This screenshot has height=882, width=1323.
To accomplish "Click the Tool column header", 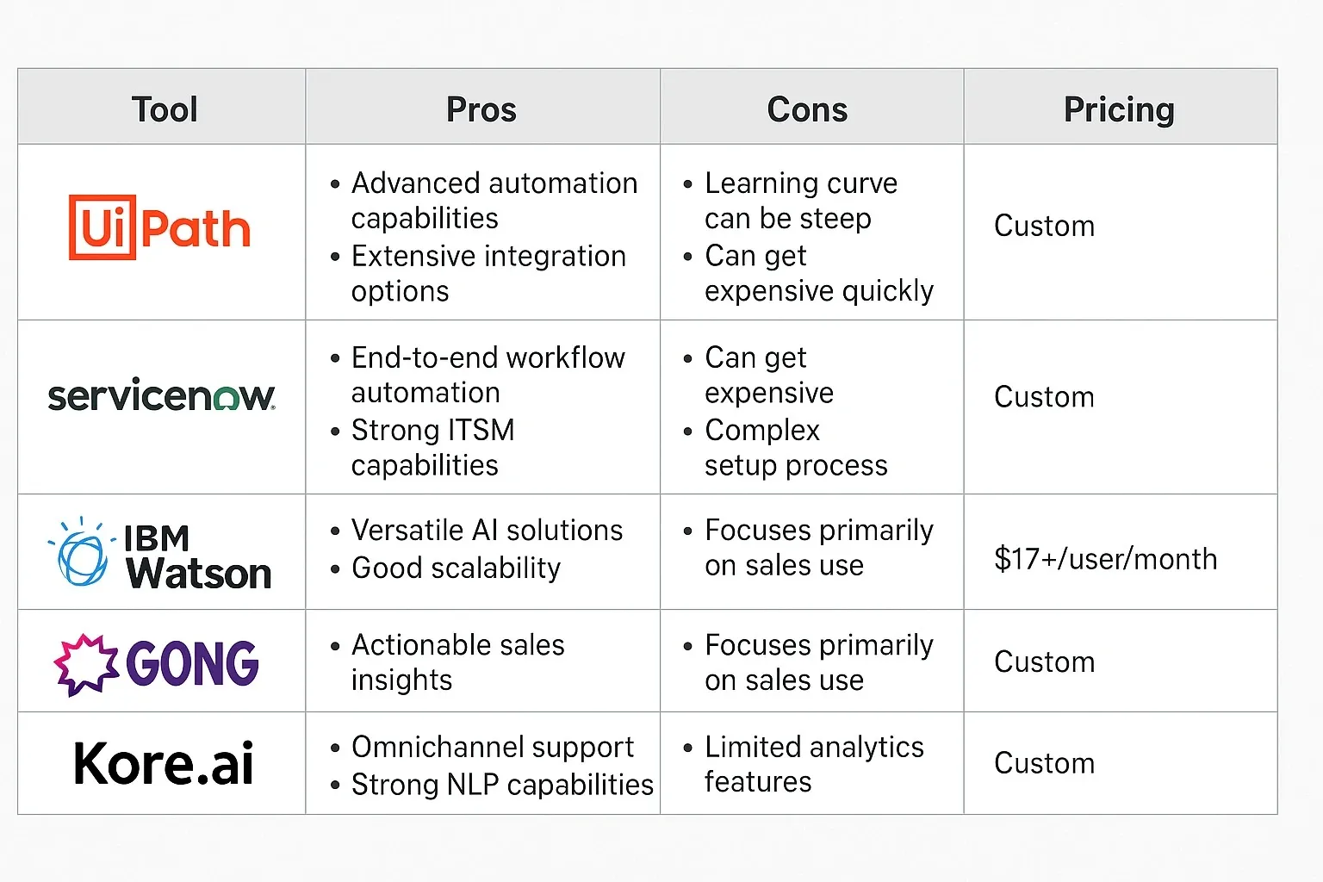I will [x=165, y=109].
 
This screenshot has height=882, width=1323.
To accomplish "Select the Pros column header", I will [x=481, y=109].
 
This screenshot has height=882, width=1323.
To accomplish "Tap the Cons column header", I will [x=807, y=109].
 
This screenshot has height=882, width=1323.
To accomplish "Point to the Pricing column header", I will [x=1119, y=109].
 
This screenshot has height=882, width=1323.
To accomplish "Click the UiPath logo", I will [x=160, y=228].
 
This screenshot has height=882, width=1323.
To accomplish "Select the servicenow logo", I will [x=161, y=396].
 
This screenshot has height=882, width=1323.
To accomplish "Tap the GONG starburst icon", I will [x=86, y=664].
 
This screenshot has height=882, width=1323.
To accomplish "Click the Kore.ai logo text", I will [x=164, y=763].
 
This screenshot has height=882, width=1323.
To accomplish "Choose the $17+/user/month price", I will [x=1105, y=559].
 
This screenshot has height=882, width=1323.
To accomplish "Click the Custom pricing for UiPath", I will [x=1044, y=226].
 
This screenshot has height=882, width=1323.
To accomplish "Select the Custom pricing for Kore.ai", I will [x=1044, y=763].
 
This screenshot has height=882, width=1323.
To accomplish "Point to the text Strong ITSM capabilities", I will [x=432, y=447].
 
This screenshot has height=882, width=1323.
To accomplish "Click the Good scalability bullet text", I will [x=456, y=568].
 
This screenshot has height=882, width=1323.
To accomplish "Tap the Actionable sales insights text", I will [x=457, y=662].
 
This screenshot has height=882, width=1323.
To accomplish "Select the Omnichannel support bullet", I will [x=492, y=747].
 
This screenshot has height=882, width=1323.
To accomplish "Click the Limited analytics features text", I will [x=813, y=764].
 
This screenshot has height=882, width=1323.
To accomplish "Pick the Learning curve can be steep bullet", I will [x=800, y=201].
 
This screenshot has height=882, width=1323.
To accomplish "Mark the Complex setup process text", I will [x=795, y=447].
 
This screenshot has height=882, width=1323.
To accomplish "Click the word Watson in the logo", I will [x=199, y=574].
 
